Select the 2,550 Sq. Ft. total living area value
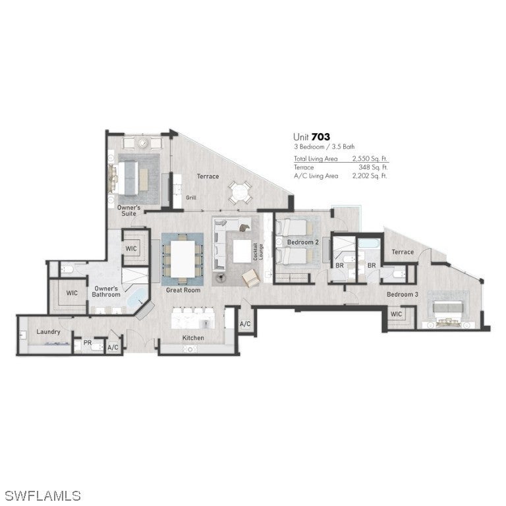point(370,159)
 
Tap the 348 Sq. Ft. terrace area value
point(372,167)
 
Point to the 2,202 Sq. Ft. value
point(370,176)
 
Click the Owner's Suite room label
point(129,210)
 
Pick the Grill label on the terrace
point(191,197)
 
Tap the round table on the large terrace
point(239,193)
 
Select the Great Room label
point(183,289)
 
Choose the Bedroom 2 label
point(303,242)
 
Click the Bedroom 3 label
point(402,294)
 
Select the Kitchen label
point(193,338)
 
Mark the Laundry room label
point(49,331)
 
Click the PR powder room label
point(87,343)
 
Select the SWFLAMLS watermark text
point(42,494)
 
